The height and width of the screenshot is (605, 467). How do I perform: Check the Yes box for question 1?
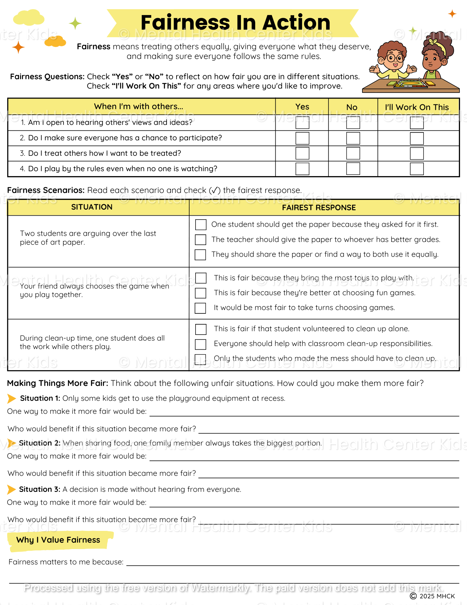[x=302, y=123]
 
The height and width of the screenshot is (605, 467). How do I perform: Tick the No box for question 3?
[x=353, y=153]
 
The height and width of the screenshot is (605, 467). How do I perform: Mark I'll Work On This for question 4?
[x=417, y=169]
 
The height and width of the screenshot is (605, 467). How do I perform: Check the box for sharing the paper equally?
[x=200, y=254]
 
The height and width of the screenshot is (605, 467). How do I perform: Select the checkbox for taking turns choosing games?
[x=200, y=308]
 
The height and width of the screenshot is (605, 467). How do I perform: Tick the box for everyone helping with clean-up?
[x=200, y=344]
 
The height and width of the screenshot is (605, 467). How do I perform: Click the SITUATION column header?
[x=92, y=207]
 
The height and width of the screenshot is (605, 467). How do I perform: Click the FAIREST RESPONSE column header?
[x=319, y=208]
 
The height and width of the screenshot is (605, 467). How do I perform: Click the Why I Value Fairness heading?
[x=58, y=540]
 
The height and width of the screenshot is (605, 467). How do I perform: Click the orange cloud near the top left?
[x=55, y=41]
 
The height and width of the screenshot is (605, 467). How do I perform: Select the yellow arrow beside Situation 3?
[x=11, y=489]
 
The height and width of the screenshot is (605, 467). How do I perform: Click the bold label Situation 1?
[x=40, y=398]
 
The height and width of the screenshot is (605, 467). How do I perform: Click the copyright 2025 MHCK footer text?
[x=432, y=596]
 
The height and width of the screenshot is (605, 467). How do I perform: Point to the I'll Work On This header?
[x=417, y=107]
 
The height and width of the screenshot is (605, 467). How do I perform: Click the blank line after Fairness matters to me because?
[x=293, y=563]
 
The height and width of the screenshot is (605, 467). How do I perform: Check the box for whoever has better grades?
[x=200, y=240]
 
